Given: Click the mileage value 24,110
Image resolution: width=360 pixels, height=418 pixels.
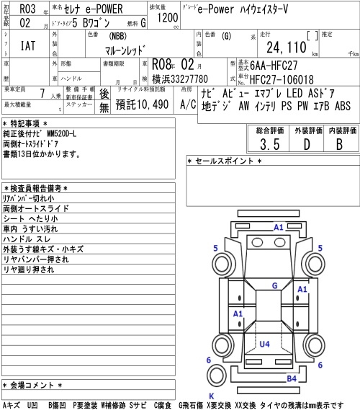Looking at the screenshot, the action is coord(287,47).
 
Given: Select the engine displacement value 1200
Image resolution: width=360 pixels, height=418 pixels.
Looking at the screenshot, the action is coord(167,17).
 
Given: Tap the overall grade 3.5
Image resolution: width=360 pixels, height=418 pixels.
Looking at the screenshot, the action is coord(270,144).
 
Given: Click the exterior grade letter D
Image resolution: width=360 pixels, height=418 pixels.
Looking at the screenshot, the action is coord(307,144).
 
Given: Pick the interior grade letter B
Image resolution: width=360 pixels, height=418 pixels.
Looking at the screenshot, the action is coord(339,144).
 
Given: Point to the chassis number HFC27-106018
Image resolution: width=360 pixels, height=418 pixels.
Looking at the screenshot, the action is coord(282,79).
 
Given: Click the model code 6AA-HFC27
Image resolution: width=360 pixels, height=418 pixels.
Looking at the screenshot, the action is coord(274,66).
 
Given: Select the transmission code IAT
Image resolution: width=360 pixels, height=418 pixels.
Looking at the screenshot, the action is coord(28,46).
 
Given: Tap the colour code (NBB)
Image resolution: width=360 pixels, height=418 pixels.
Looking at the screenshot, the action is coord(117,36).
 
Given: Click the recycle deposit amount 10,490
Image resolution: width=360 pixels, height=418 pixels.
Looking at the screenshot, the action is coord(152,104).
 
